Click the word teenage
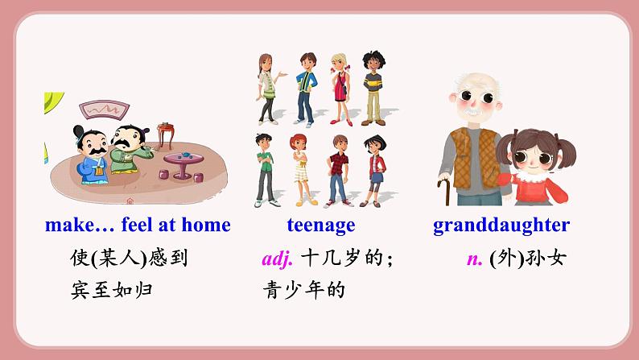pyautogui.click(x=321, y=225)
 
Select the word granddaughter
pyautogui.click(x=501, y=225)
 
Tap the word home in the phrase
pyautogui.click(x=206, y=225)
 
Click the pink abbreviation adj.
pyautogui.click(x=277, y=259)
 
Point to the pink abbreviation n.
pyautogui.click(x=474, y=259)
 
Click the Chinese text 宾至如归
pyautogui.click(x=112, y=290)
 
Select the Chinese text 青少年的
pyautogui.click(x=304, y=290)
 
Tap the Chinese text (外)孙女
pyautogui.click(x=528, y=258)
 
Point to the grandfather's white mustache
pyautogui.click(x=473, y=110)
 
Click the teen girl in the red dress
pyautogui.click(x=340, y=89)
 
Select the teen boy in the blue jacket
pyautogui.click(x=307, y=89)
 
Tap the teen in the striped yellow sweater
pyautogui.click(x=373, y=88)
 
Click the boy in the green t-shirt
pyautogui.click(x=266, y=170)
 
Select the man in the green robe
pyautogui.click(x=130, y=150)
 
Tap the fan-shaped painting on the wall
pyautogui.click(x=105, y=110)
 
